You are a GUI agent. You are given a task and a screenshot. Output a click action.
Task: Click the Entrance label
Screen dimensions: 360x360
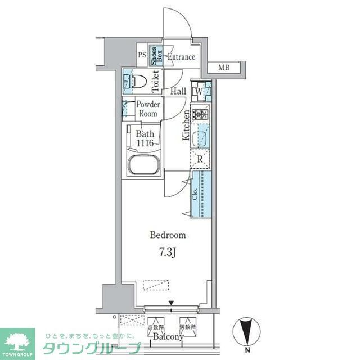tap(181, 57)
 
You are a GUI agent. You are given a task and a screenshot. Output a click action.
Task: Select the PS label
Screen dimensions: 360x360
tap(142, 56)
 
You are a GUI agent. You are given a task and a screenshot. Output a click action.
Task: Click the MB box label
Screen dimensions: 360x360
tap(224, 68)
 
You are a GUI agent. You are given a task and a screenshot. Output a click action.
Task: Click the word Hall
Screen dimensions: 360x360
tap(178, 91)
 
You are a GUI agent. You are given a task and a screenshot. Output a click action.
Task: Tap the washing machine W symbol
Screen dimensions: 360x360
tap(199, 90)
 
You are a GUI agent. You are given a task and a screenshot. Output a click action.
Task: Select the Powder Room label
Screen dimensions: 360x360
tap(148, 109)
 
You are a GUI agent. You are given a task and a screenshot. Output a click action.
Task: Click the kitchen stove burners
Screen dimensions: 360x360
tap(200, 115)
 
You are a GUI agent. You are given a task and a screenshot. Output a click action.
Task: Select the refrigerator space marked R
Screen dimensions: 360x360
tap(200, 159)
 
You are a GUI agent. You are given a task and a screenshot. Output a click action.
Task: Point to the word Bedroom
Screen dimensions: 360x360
tap(167, 235)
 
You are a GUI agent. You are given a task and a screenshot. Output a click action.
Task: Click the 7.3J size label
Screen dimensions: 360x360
tap(167, 251)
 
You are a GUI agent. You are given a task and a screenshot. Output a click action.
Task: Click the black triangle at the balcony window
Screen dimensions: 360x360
tap(172, 304)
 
